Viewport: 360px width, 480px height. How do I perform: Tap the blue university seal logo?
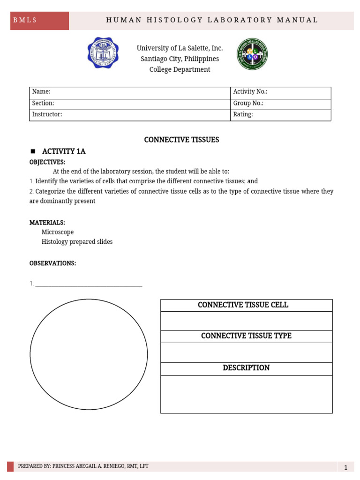[x=103, y=52]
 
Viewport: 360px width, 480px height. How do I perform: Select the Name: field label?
[x=41, y=92]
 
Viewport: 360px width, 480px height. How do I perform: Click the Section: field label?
[x=43, y=103]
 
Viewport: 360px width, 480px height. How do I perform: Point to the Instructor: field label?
[x=47, y=114]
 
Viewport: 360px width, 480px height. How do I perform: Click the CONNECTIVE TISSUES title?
[x=181, y=140]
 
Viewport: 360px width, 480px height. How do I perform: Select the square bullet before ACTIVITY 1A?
[x=33, y=151]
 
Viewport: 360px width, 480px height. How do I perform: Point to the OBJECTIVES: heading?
[x=47, y=162]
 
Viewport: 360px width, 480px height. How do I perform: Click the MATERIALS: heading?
[x=47, y=222]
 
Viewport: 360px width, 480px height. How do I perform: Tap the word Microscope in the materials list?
[x=58, y=232]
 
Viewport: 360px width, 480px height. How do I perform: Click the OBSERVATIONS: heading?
[x=52, y=263]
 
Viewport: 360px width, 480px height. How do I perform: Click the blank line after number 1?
[x=89, y=284]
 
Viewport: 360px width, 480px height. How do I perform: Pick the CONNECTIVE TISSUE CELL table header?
[x=243, y=305]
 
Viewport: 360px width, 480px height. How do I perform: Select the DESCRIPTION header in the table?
[x=246, y=368]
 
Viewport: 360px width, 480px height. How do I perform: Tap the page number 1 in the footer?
[x=345, y=467]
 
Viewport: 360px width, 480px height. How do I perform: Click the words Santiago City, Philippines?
[x=180, y=59]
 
